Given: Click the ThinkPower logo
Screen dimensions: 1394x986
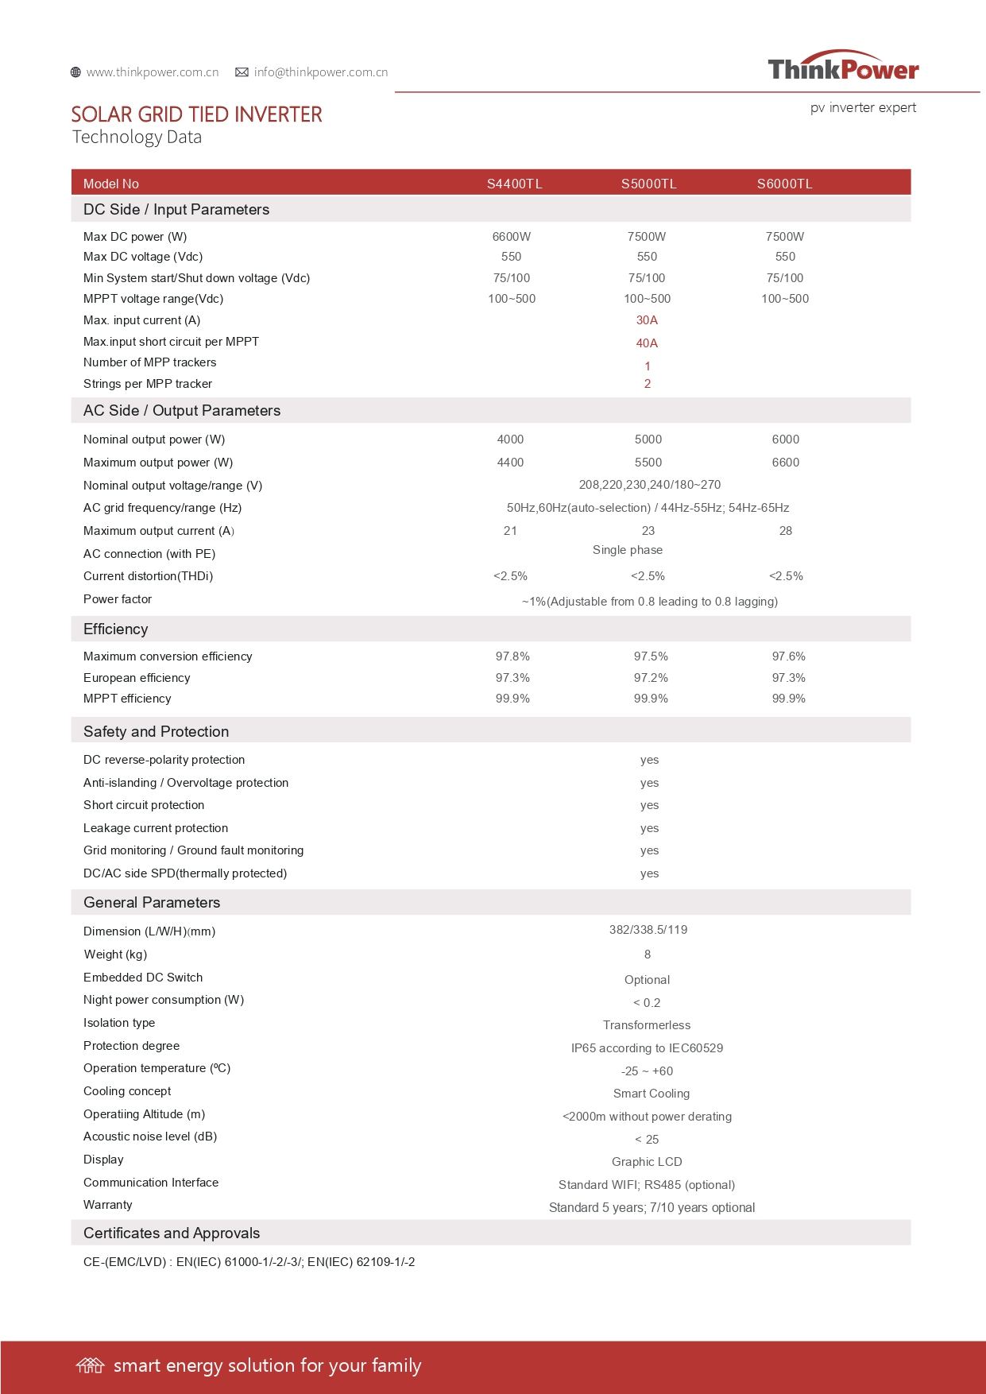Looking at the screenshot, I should coord(843,68).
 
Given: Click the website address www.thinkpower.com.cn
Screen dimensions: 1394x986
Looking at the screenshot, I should coord(152,72).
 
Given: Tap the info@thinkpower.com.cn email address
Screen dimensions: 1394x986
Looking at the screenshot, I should coord(320,72).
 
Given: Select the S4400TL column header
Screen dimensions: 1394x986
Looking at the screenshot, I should coord(514,184).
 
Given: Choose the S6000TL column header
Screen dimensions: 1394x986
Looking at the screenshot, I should coord(784,184).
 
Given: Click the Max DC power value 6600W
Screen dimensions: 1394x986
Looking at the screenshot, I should coord(511,237).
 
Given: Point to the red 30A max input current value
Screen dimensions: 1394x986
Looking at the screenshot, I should coord(647,320).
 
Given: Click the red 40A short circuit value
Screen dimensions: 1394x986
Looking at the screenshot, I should coord(647,343).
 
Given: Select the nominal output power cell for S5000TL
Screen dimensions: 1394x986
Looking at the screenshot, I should coord(648,439).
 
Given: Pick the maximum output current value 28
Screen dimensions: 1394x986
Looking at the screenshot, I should coord(785,531).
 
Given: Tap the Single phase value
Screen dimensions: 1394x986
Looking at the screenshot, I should coord(627,550).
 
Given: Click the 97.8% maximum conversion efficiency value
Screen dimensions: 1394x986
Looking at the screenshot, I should coord(512,656).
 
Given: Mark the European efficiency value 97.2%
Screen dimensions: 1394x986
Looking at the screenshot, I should coord(651,678).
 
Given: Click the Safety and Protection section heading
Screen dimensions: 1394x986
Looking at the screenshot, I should coord(156,731).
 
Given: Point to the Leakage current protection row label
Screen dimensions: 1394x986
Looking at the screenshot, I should coord(156,828).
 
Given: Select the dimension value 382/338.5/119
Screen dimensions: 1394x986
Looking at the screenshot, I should coord(648,930).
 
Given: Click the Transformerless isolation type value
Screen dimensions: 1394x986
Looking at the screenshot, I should coord(647,1025).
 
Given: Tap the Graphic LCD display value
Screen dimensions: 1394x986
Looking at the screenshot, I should coord(647,1162).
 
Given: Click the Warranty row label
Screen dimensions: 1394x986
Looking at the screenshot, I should coord(108,1205).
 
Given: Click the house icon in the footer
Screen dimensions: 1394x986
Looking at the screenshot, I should coord(90,1365).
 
